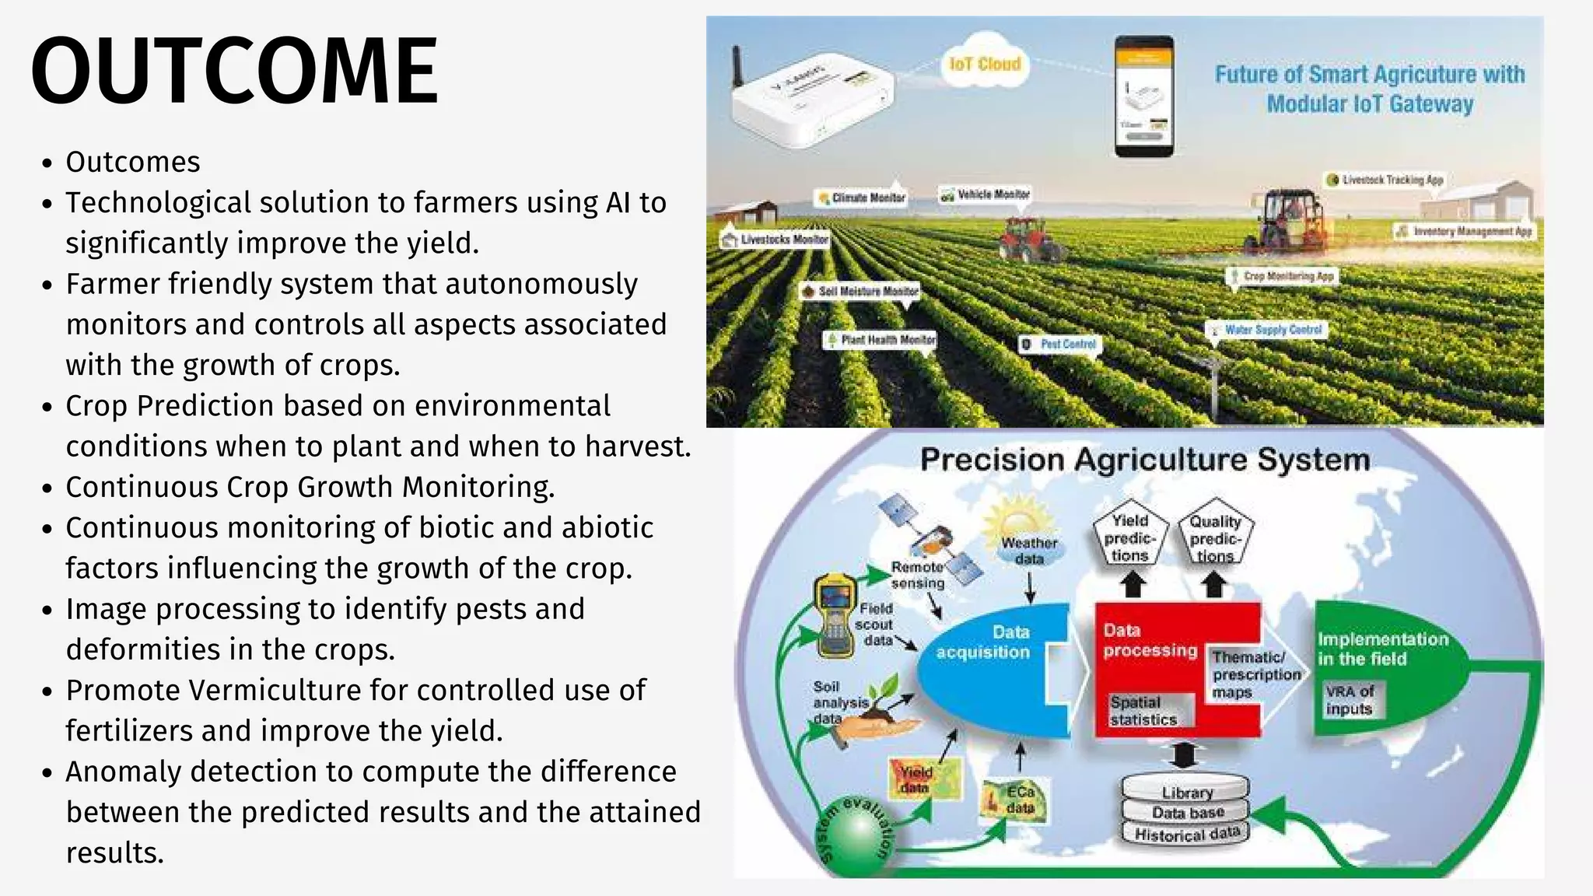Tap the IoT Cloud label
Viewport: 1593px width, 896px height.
click(984, 64)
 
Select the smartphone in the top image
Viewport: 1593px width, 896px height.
click(1143, 96)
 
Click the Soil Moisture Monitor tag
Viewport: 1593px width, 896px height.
click(860, 291)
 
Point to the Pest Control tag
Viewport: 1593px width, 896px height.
click(1060, 344)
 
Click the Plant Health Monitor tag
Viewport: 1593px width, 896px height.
click(881, 340)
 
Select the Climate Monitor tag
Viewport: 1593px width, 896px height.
click(861, 198)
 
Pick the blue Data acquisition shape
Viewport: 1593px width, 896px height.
click(988, 669)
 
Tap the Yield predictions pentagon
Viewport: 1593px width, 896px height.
click(1129, 537)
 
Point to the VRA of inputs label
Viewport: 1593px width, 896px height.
click(1350, 700)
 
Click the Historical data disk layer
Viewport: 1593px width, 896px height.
click(1186, 835)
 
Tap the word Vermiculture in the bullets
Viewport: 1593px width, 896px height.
click(288, 690)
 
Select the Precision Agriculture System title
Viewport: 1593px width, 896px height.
click(1144, 460)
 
